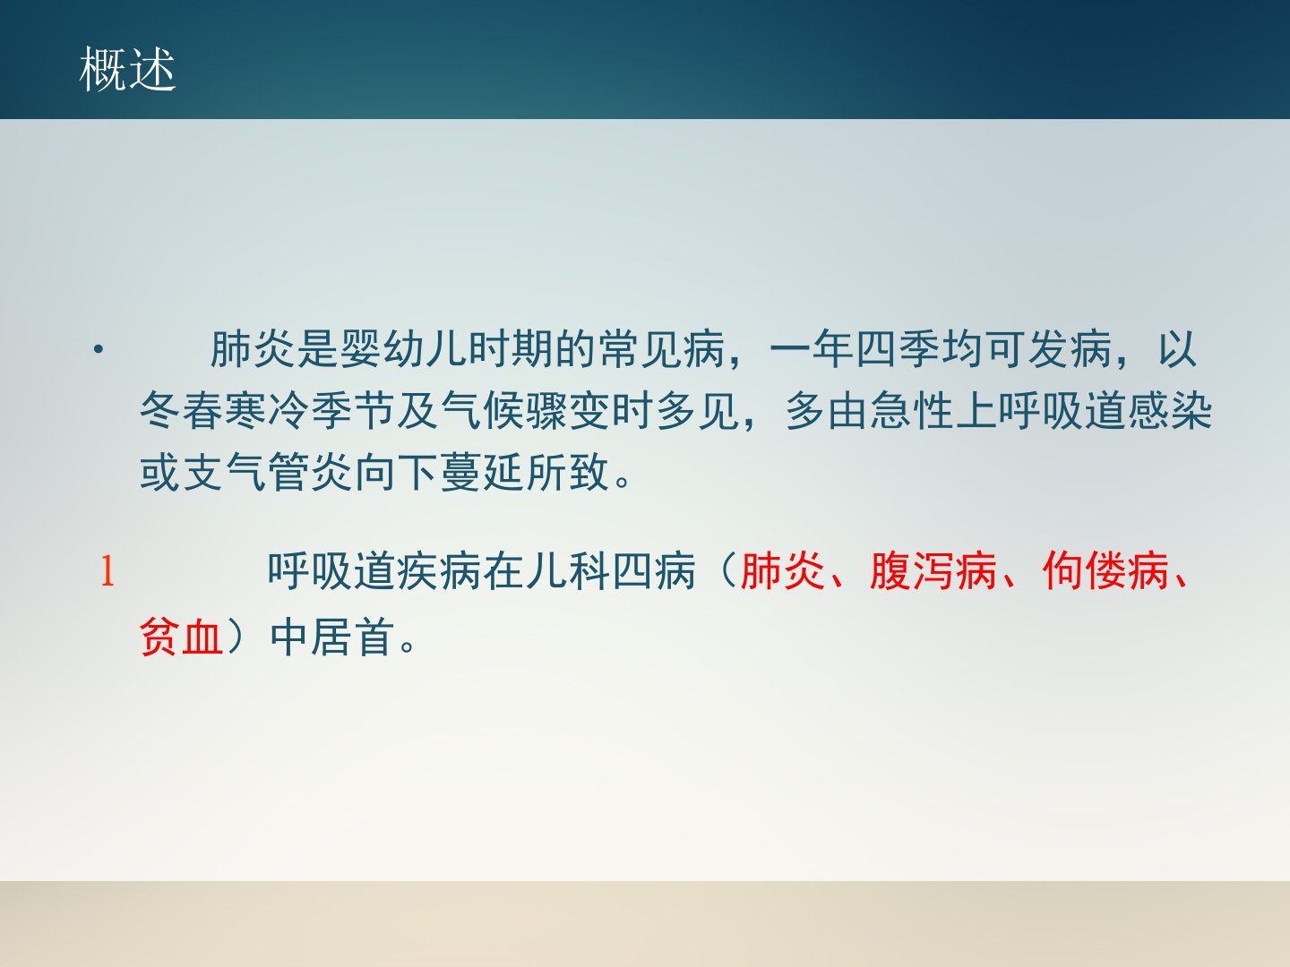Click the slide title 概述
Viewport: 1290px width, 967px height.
pyautogui.click(x=127, y=69)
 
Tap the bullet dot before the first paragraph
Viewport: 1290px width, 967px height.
pyautogui.click(x=99, y=350)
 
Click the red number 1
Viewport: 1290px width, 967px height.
pyautogui.click(x=107, y=570)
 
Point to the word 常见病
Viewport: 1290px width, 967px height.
pyautogui.click(x=662, y=349)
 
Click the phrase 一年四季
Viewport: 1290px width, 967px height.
pyautogui.click(x=856, y=349)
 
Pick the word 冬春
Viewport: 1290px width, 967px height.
pyautogui.click(x=182, y=410)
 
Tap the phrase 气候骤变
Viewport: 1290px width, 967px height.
pyautogui.click(x=526, y=410)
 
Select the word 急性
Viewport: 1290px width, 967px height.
pyautogui.click(x=912, y=410)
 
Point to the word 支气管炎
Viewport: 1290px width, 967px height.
pyautogui.click(x=268, y=472)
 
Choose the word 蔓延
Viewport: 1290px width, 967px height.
pyautogui.click(x=483, y=472)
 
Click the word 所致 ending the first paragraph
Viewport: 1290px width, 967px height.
pyautogui.click(x=568, y=472)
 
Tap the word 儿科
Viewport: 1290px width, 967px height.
pyautogui.click(x=568, y=570)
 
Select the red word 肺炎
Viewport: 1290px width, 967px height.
pyautogui.click(x=783, y=570)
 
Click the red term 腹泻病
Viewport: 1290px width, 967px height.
pyautogui.click(x=933, y=570)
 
